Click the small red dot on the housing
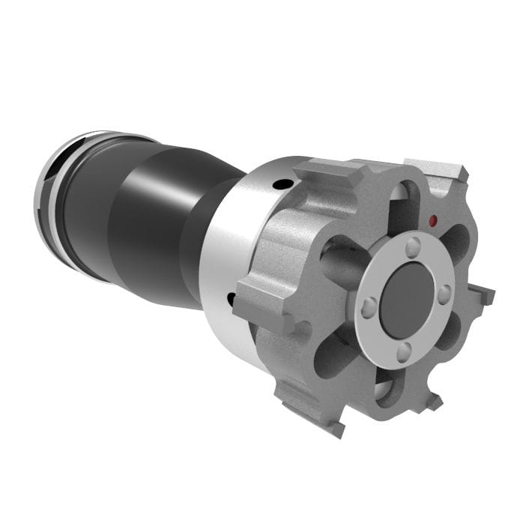433,221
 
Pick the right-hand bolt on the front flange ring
444,294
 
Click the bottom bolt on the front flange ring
403,350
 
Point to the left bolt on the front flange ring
369,306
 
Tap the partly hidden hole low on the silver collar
231,299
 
